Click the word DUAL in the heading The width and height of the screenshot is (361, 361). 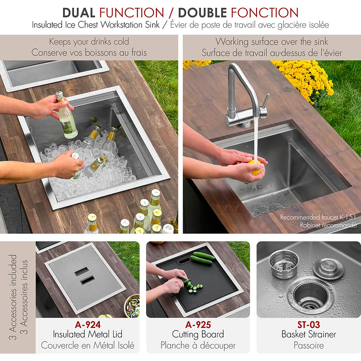(79, 13)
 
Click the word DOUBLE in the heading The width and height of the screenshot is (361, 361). (203, 13)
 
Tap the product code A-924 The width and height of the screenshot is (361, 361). (88, 325)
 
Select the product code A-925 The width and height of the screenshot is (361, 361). (198, 325)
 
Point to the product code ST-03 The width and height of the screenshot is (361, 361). (309, 325)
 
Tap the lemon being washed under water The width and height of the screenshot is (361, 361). (256, 167)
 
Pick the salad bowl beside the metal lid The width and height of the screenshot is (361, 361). (132, 305)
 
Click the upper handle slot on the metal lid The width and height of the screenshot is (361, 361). (81, 272)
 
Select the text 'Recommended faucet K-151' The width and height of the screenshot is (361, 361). (318, 217)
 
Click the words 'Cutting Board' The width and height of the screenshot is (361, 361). (198, 334)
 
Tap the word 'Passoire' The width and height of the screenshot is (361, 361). (309, 345)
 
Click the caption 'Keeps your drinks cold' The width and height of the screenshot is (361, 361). (89, 42)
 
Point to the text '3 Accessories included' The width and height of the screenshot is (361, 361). (13, 297)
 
